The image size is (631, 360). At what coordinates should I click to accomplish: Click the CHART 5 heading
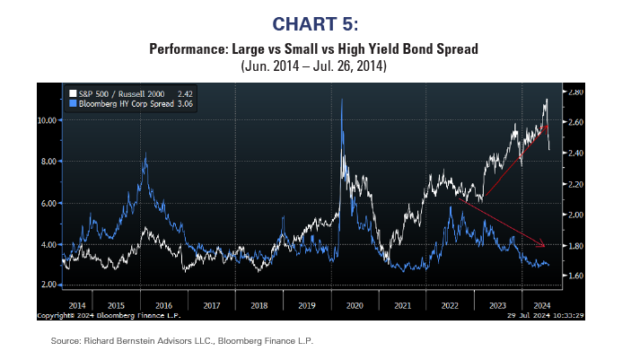pyautogui.click(x=314, y=22)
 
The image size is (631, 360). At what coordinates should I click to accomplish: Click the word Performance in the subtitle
pyautogui.click(x=183, y=48)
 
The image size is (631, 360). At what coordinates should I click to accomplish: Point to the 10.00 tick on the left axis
pyautogui.click(x=48, y=119)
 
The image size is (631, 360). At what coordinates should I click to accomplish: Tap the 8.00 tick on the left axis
pyautogui.click(x=50, y=161)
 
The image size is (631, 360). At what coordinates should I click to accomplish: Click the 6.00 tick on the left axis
pyautogui.click(x=50, y=203)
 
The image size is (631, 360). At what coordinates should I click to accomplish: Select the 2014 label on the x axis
pyautogui.click(x=76, y=305)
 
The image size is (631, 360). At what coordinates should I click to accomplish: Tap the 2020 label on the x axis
pyautogui.click(x=354, y=305)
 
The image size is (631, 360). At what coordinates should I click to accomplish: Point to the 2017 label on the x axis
pyautogui.click(x=213, y=305)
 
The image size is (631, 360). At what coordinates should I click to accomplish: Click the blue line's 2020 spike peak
pyautogui.click(x=342, y=100)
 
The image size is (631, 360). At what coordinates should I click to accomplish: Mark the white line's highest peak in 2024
pyautogui.click(x=547, y=99)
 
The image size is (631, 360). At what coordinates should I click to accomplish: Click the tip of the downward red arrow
pyautogui.click(x=544, y=246)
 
